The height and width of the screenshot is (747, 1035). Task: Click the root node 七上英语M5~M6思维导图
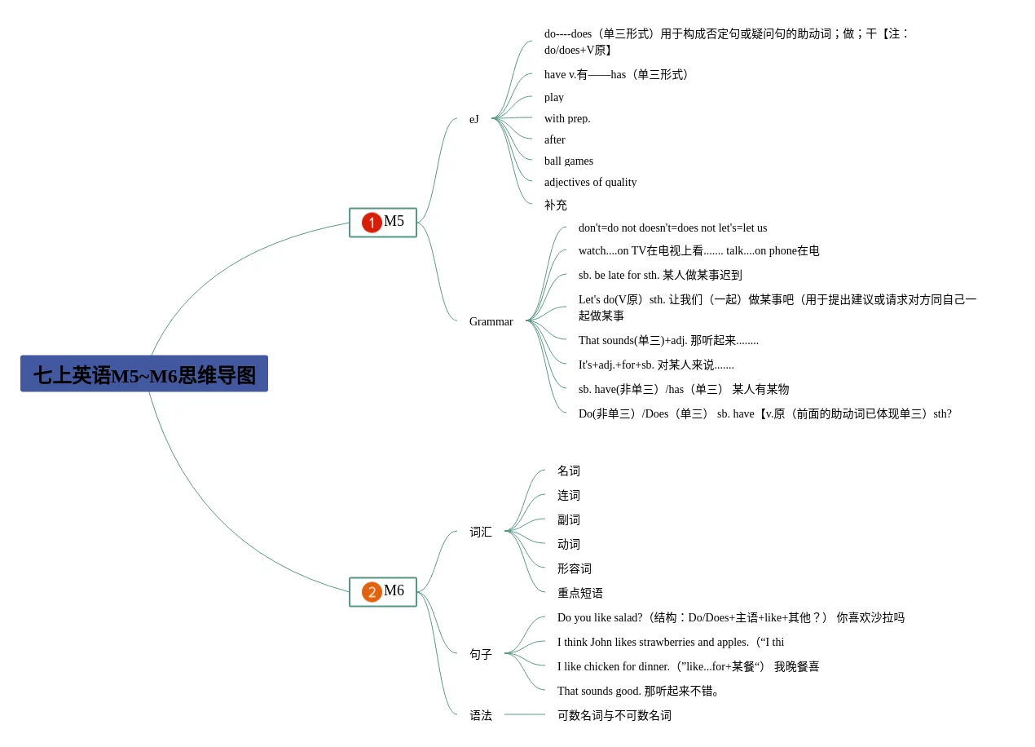click(144, 374)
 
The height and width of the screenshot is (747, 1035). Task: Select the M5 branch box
click(383, 222)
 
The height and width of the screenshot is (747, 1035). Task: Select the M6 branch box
click(383, 591)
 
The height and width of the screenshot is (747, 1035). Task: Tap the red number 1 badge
click(372, 222)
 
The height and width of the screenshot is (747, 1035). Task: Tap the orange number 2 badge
click(372, 591)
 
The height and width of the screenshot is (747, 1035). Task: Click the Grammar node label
click(491, 321)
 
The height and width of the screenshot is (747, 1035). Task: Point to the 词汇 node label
click(481, 532)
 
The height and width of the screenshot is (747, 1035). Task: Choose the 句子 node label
click(481, 654)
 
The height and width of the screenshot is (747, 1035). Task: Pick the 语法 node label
click(481, 715)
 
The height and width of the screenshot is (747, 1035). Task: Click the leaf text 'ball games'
click(569, 161)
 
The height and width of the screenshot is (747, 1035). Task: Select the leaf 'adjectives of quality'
click(590, 182)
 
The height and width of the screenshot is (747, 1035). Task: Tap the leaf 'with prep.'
click(567, 118)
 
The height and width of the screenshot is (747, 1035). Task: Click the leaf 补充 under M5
click(556, 205)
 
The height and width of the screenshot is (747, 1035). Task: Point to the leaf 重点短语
click(580, 593)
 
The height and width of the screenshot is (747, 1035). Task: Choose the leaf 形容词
click(575, 568)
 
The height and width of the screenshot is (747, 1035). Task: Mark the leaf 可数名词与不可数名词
click(614, 715)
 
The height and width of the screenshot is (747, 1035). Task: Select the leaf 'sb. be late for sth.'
click(660, 275)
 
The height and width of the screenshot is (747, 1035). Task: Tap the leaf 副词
click(569, 519)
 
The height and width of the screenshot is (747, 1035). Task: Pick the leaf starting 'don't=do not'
click(672, 228)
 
